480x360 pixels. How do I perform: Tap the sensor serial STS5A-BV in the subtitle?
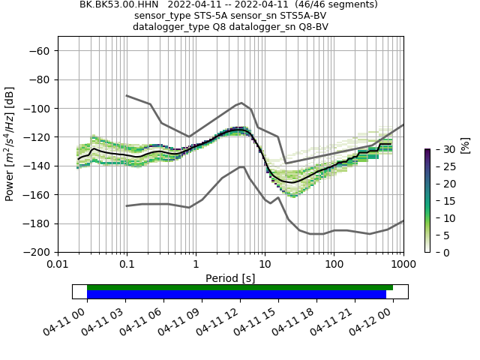coord(298,16)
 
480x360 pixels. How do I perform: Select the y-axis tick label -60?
coord(40,51)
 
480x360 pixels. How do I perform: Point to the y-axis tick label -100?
coord(37,109)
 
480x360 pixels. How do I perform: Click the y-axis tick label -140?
coord(37,166)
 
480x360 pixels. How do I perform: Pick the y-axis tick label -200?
coord(37,253)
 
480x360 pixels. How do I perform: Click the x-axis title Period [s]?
coord(230,277)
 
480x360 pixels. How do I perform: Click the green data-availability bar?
coord(240,287)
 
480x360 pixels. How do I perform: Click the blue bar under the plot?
coord(236,294)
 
